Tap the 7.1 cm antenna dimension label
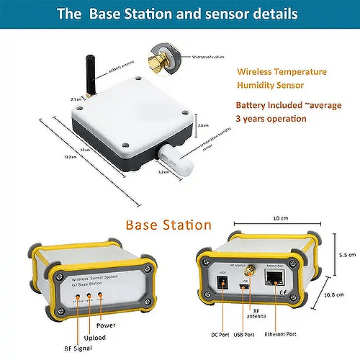click(x=75, y=99)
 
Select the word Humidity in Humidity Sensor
click(x=260, y=85)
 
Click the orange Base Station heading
click(x=168, y=225)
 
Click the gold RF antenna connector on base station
click(x=255, y=276)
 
